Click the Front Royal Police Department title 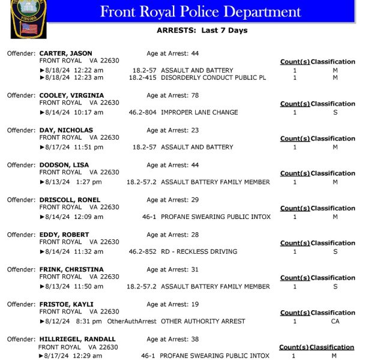pyautogui.click(x=200, y=11)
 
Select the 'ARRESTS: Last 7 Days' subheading pyautogui.click(x=202, y=31)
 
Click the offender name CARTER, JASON pyautogui.click(x=65, y=53)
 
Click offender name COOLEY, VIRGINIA pyautogui.click(x=71, y=95)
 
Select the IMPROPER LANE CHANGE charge pyautogui.click(x=199, y=112)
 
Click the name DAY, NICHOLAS pyautogui.click(x=66, y=130)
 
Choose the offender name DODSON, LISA pyautogui.click(x=64, y=165)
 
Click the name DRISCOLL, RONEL pyautogui.click(x=70, y=200)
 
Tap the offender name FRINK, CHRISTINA pyautogui.click(x=71, y=269)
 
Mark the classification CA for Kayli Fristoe pyautogui.click(x=335, y=321)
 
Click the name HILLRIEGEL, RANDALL pyautogui.click(x=77, y=339)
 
